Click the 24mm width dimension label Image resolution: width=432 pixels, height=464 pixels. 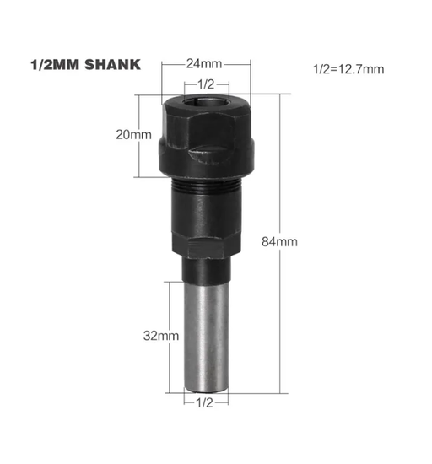point(204,63)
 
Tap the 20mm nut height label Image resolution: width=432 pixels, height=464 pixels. point(133,135)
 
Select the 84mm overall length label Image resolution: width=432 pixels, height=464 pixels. point(279,242)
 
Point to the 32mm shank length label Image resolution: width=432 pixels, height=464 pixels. point(161,336)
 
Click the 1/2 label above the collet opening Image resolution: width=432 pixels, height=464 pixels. point(206,84)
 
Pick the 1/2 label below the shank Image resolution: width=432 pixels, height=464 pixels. point(204,402)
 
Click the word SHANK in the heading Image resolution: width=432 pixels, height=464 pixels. point(112,65)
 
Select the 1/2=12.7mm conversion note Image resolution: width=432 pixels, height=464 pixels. point(348,69)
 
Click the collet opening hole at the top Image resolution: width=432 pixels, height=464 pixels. point(206,104)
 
